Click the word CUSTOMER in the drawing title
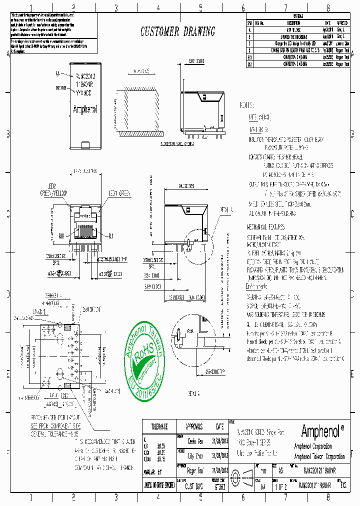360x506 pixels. click(x=158, y=32)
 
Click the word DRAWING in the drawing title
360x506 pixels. click(x=199, y=32)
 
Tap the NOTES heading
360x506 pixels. click(x=247, y=106)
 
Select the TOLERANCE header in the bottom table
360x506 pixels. click(x=157, y=426)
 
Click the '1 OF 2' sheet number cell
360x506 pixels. click(x=285, y=484)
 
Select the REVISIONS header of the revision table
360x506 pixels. click(x=297, y=16)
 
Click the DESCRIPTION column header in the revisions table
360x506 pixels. click(x=293, y=22)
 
